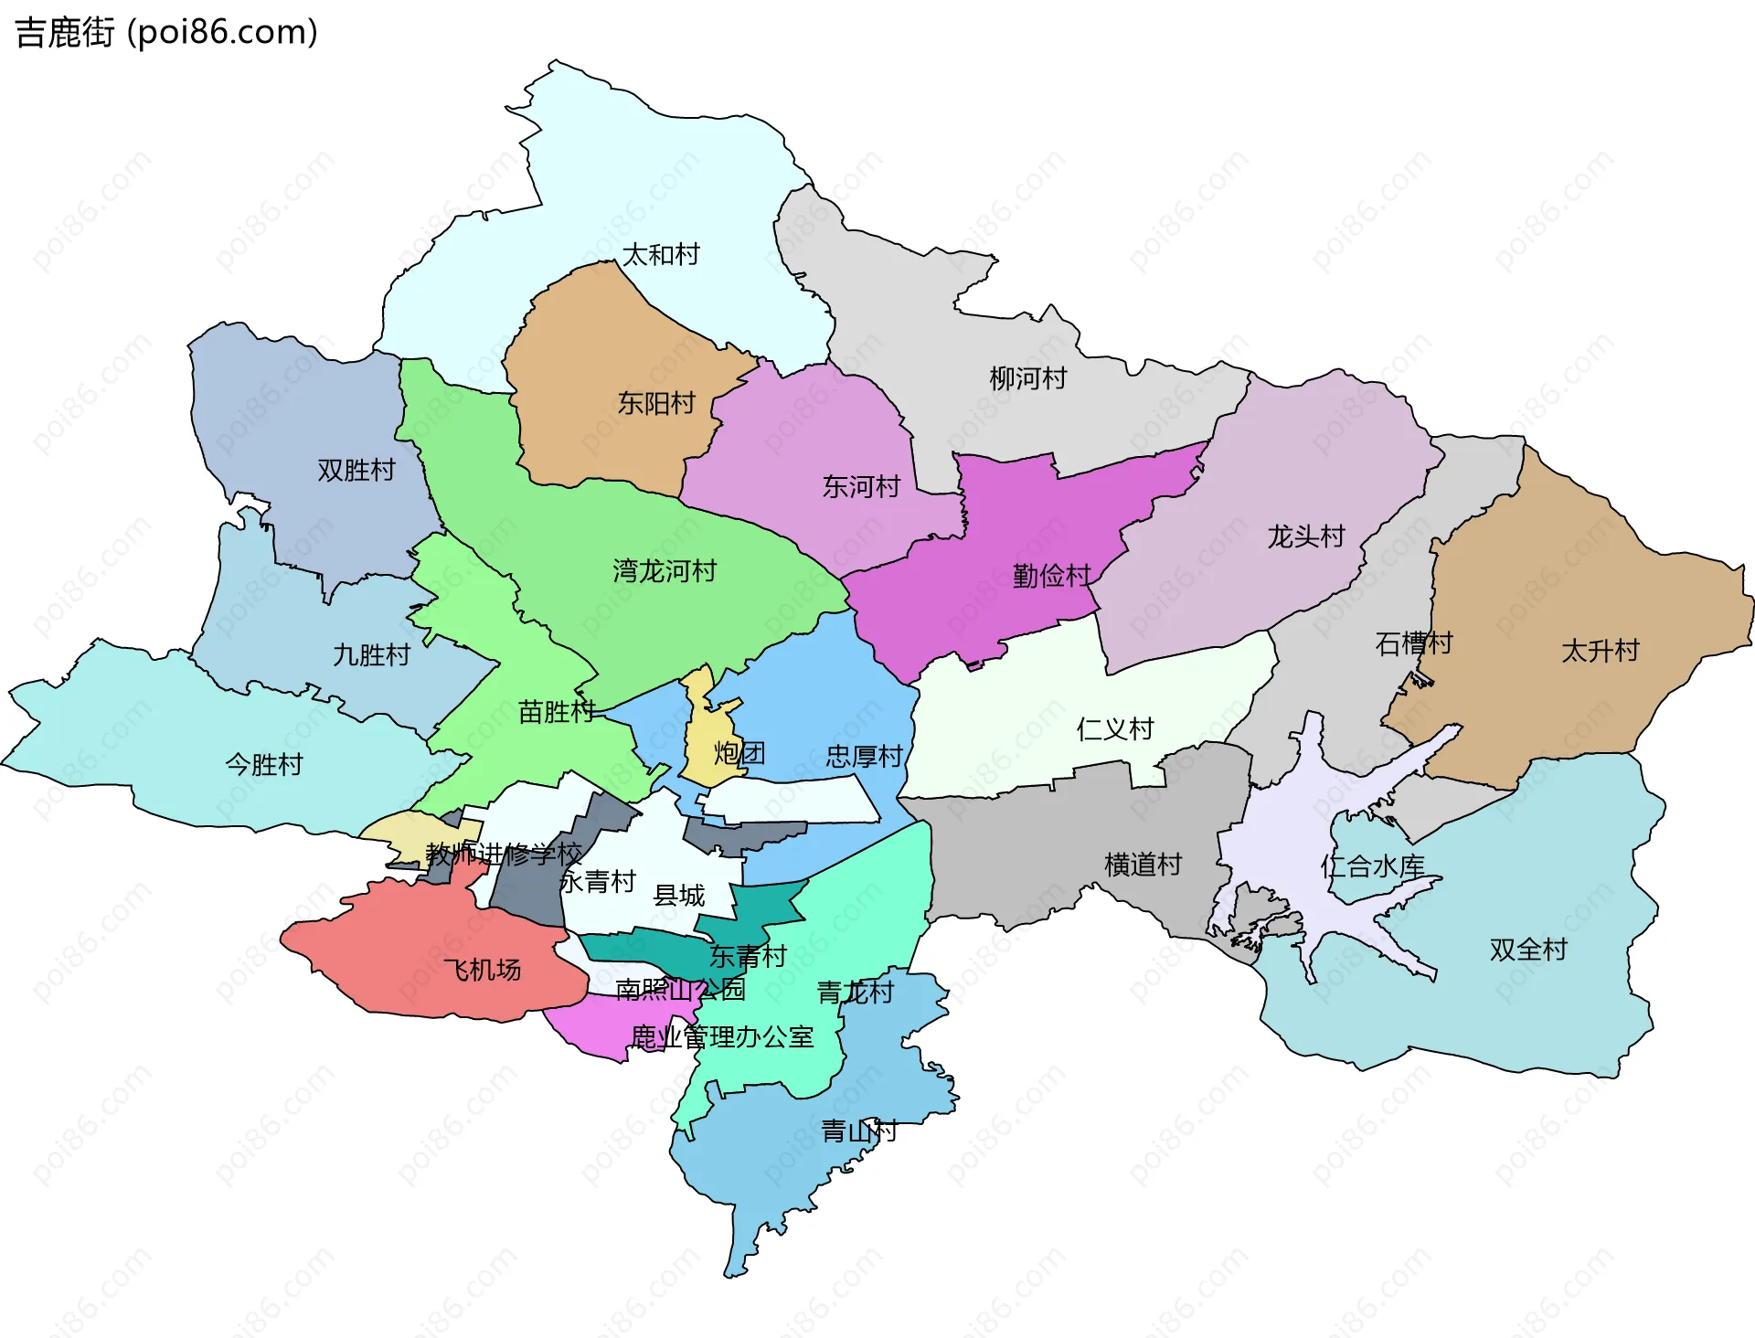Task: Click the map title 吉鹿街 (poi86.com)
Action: pyautogui.click(x=166, y=32)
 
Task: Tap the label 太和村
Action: pyautogui.click(x=660, y=254)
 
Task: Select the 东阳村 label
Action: pyautogui.click(x=655, y=403)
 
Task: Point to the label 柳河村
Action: pyautogui.click(x=1027, y=378)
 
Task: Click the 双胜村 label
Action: pyautogui.click(x=356, y=470)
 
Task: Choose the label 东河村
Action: pyautogui.click(x=861, y=486)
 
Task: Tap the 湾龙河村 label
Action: pyautogui.click(x=665, y=571)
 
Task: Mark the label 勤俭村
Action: pyautogui.click(x=1051, y=576)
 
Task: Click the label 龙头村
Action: pyautogui.click(x=1305, y=536)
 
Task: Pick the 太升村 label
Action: pyautogui.click(x=1600, y=651)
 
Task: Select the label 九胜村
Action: pyautogui.click(x=371, y=654)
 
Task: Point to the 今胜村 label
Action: pyautogui.click(x=264, y=764)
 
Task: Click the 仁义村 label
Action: pyautogui.click(x=1114, y=728)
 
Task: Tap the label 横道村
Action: pyautogui.click(x=1143, y=864)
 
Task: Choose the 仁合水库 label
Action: pyautogui.click(x=1372, y=866)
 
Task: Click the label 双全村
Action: pyautogui.click(x=1527, y=950)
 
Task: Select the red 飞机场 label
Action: pyautogui.click(x=482, y=970)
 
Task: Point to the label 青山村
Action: pyautogui.click(x=858, y=1131)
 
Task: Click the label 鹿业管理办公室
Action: pyautogui.click(x=722, y=1037)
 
